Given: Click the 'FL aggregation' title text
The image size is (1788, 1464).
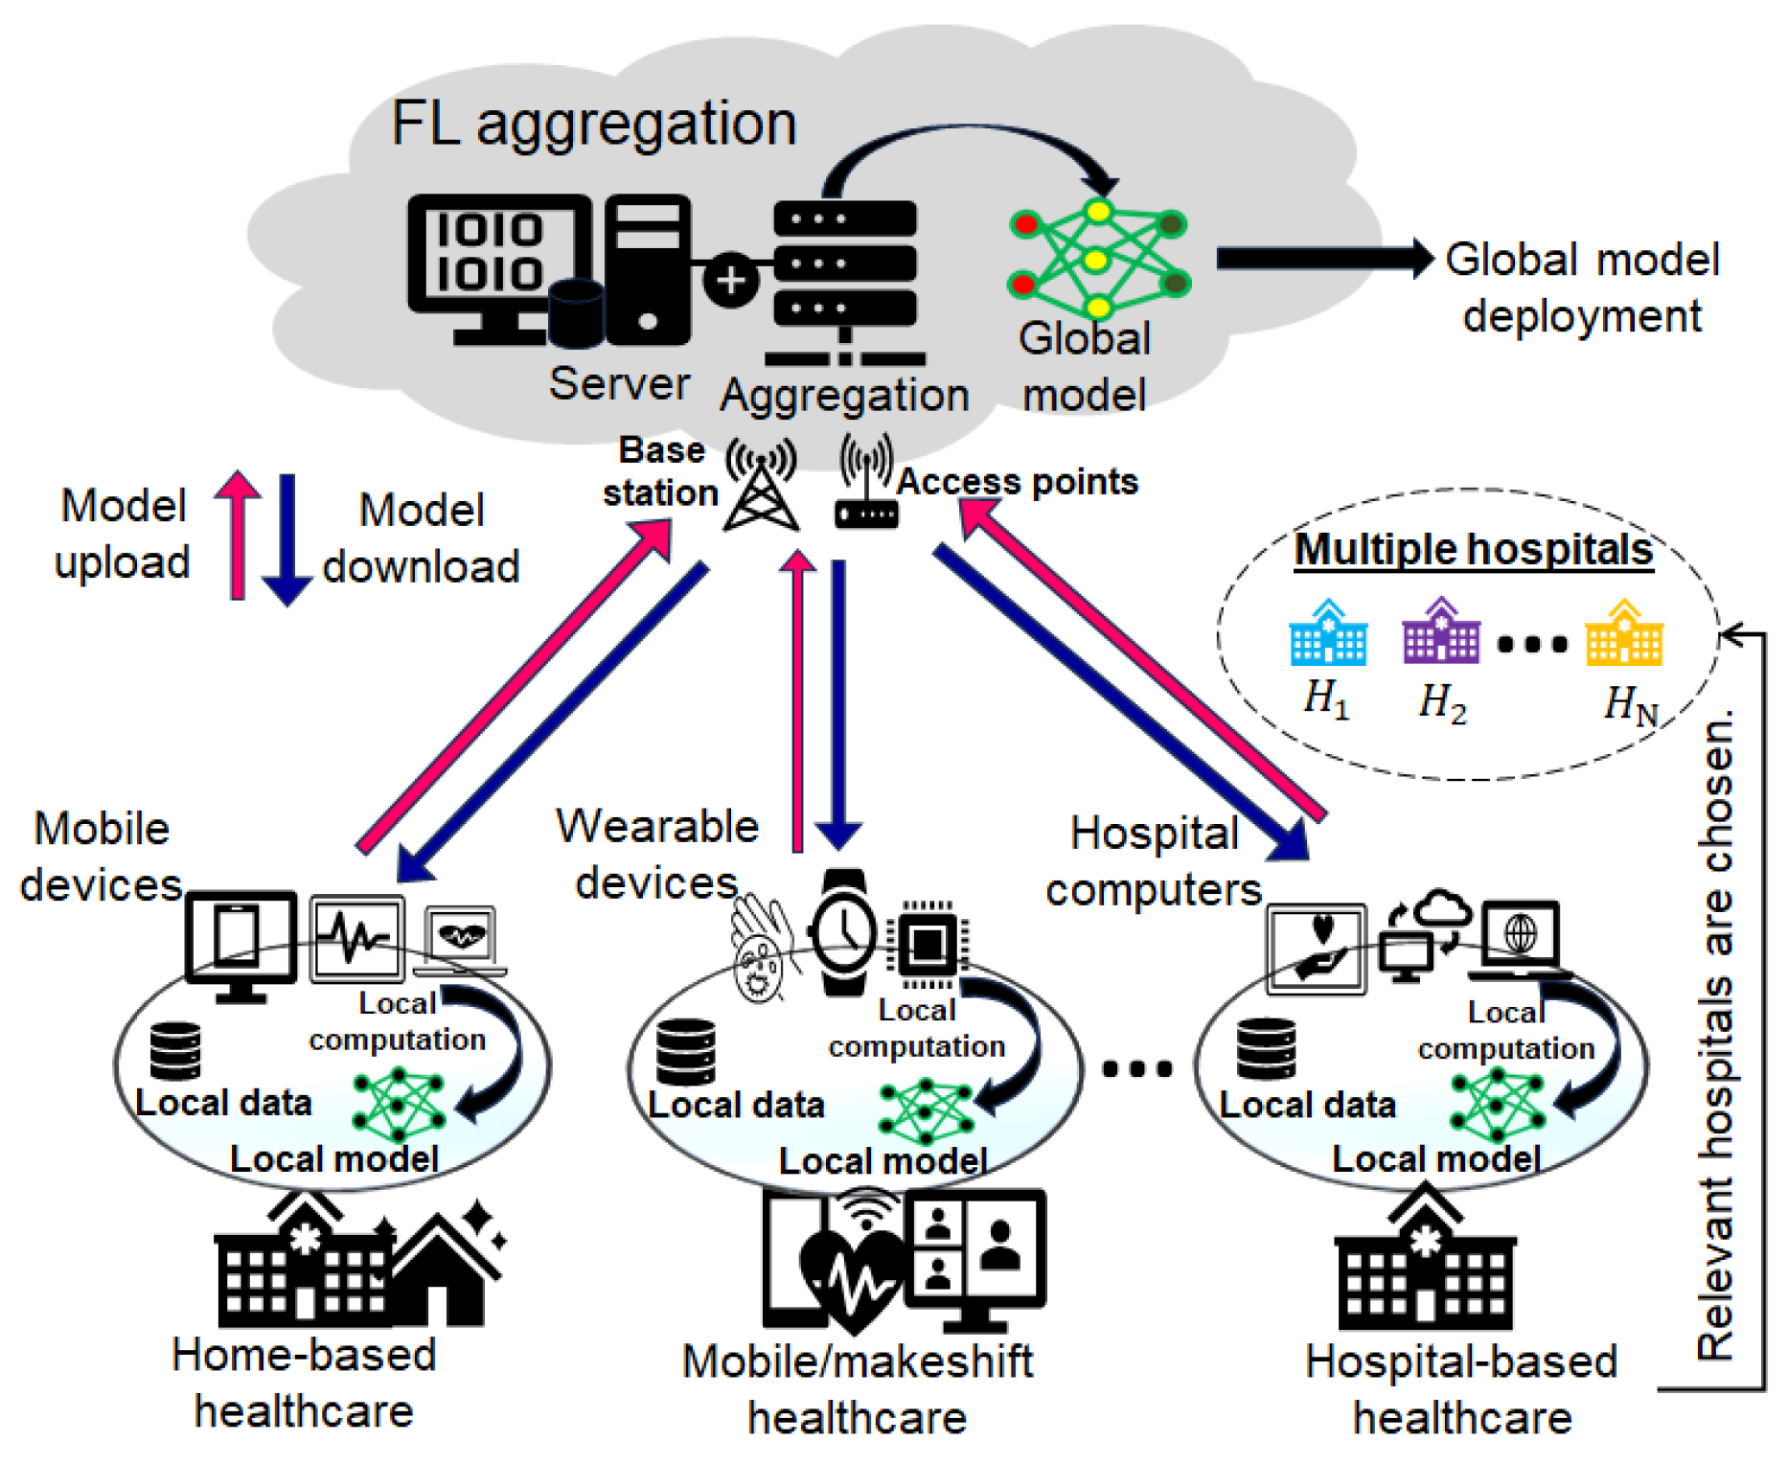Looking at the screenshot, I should pos(594,125).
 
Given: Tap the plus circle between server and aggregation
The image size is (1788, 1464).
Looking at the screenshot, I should pos(731,281).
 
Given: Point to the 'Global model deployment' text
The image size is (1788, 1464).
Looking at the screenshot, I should pos(1582,287).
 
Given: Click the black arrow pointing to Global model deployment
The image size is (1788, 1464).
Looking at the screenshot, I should pos(1322,259).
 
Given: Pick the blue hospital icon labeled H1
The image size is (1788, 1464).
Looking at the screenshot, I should pos(1328,634).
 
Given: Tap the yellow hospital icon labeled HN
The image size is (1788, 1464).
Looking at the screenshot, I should pos(1624,634).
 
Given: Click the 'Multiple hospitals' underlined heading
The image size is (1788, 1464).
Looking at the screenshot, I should pos(1474,550).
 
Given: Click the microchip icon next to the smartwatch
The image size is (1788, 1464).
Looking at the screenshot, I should pos(927,945).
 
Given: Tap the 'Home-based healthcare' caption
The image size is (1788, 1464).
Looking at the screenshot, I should pos(304,1383).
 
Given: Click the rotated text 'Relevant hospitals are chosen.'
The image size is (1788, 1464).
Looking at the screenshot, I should pos(1715,1035).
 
